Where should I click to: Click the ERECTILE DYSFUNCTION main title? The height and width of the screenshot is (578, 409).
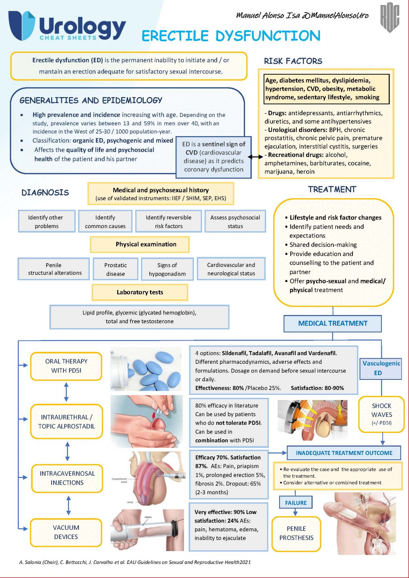tap(231, 36)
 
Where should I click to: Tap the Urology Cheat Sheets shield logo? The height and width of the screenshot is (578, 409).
tap(21, 25)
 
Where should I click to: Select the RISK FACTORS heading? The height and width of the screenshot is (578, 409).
tap(293, 61)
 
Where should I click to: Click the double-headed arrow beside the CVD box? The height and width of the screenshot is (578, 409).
tap(255, 157)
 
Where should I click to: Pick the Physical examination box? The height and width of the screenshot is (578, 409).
tap(140, 244)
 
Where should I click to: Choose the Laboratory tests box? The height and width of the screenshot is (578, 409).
tap(140, 292)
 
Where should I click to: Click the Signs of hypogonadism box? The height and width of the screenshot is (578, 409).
tap(167, 269)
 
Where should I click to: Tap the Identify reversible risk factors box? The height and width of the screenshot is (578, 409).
tap(168, 222)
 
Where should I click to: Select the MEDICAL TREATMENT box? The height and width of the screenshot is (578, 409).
tap(332, 323)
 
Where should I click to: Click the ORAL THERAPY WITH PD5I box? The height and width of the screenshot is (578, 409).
tap(66, 366)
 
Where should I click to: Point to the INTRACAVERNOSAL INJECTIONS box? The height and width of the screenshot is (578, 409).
tap(67, 478)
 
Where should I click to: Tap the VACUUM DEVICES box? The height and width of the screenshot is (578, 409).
tap(66, 532)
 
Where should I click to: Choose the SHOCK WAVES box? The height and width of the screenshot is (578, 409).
tap(381, 414)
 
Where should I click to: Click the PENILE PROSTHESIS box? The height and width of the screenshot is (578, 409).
tap(296, 533)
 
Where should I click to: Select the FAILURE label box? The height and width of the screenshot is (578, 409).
tap(296, 503)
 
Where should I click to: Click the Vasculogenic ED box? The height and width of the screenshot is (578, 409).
tap(380, 368)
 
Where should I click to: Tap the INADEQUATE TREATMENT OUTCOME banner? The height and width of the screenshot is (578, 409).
tap(344, 453)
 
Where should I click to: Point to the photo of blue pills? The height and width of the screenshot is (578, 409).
tap(146, 369)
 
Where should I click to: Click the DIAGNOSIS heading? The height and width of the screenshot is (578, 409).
tap(45, 193)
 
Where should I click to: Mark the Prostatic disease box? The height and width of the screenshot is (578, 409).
tap(116, 269)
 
